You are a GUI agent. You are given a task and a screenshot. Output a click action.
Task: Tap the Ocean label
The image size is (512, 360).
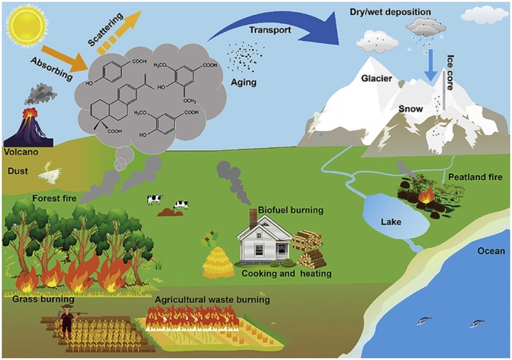click(x=491, y=250)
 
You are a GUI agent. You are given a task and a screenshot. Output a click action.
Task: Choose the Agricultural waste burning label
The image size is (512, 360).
click(x=213, y=300)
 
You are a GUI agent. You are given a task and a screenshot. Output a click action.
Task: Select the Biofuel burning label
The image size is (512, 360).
click(x=292, y=210)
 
